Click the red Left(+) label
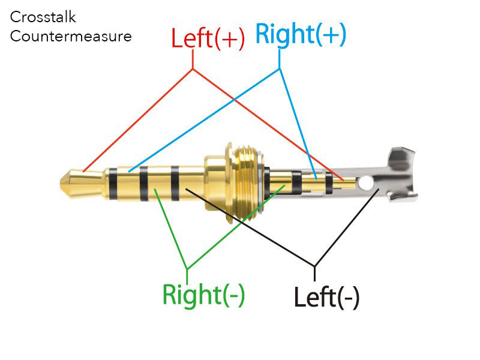[208, 38]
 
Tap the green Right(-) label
[203, 294]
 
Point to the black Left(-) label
[326, 296]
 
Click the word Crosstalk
[43, 17]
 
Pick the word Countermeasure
[71, 36]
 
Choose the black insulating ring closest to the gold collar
[175, 183]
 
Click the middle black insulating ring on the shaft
[144, 183]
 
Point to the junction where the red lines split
[193, 69]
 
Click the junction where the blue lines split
[280, 68]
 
